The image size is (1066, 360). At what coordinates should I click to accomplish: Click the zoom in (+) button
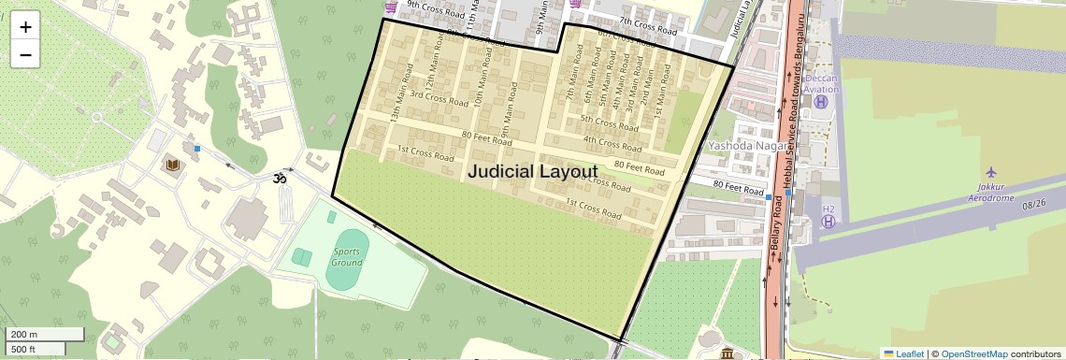(25, 27)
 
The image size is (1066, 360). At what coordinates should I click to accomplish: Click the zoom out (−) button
(25, 54)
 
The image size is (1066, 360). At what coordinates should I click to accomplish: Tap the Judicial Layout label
(532, 172)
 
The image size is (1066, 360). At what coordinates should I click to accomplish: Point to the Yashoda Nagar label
(744, 146)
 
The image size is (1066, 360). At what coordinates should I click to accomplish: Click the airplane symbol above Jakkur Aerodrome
(991, 173)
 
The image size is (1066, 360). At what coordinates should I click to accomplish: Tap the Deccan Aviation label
(822, 84)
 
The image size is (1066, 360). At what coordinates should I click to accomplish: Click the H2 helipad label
(828, 209)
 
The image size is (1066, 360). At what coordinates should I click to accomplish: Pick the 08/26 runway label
(1034, 204)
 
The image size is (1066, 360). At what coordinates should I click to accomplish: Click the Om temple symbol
(278, 177)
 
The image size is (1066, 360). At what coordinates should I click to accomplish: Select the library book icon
(173, 166)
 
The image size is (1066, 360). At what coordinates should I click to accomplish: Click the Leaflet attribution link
(904, 354)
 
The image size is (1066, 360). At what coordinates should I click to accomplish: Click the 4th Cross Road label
(612, 144)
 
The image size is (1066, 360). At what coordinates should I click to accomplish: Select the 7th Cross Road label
(648, 26)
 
